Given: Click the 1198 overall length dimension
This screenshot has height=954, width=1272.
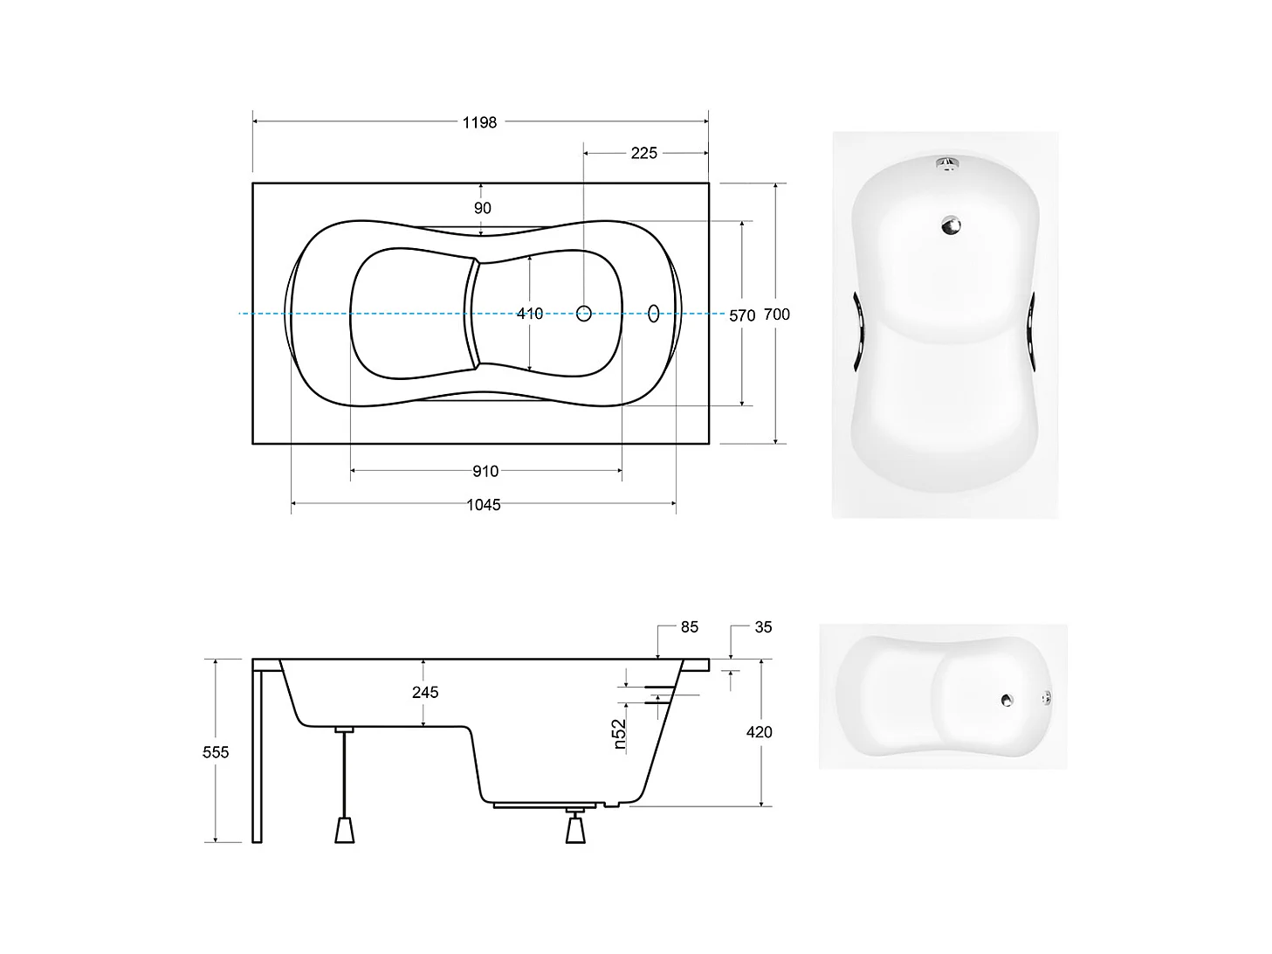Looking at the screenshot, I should click(x=479, y=123).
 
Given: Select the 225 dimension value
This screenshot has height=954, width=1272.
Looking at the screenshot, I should click(x=643, y=154).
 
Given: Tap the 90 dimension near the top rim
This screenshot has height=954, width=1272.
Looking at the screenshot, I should click(x=483, y=208).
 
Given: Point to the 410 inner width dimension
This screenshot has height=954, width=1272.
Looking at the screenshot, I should click(x=529, y=313).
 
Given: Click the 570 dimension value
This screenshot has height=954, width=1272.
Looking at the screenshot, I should click(x=742, y=315).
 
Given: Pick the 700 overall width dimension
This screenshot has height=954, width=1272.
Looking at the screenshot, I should click(x=776, y=314).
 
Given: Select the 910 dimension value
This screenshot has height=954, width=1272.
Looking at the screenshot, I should click(x=485, y=472).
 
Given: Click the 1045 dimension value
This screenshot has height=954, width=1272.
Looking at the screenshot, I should click(x=483, y=505).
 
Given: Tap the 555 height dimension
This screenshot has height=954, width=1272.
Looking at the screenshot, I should click(x=216, y=751).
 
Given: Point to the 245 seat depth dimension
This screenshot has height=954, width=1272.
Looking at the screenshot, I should click(x=425, y=692).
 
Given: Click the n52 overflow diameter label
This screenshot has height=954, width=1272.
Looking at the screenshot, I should click(x=619, y=735).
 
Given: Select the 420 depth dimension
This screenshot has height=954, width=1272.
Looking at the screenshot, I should click(x=759, y=732).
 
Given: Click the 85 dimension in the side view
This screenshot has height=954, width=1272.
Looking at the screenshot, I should click(x=689, y=627).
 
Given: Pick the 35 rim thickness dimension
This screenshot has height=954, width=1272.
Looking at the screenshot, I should click(x=763, y=627).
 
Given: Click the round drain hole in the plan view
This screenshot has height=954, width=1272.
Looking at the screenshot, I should click(x=584, y=313).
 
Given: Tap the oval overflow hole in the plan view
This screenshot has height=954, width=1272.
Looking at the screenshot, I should click(x=654, y=313).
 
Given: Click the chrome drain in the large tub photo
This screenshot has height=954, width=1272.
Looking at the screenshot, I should click(x=950, y=225).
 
